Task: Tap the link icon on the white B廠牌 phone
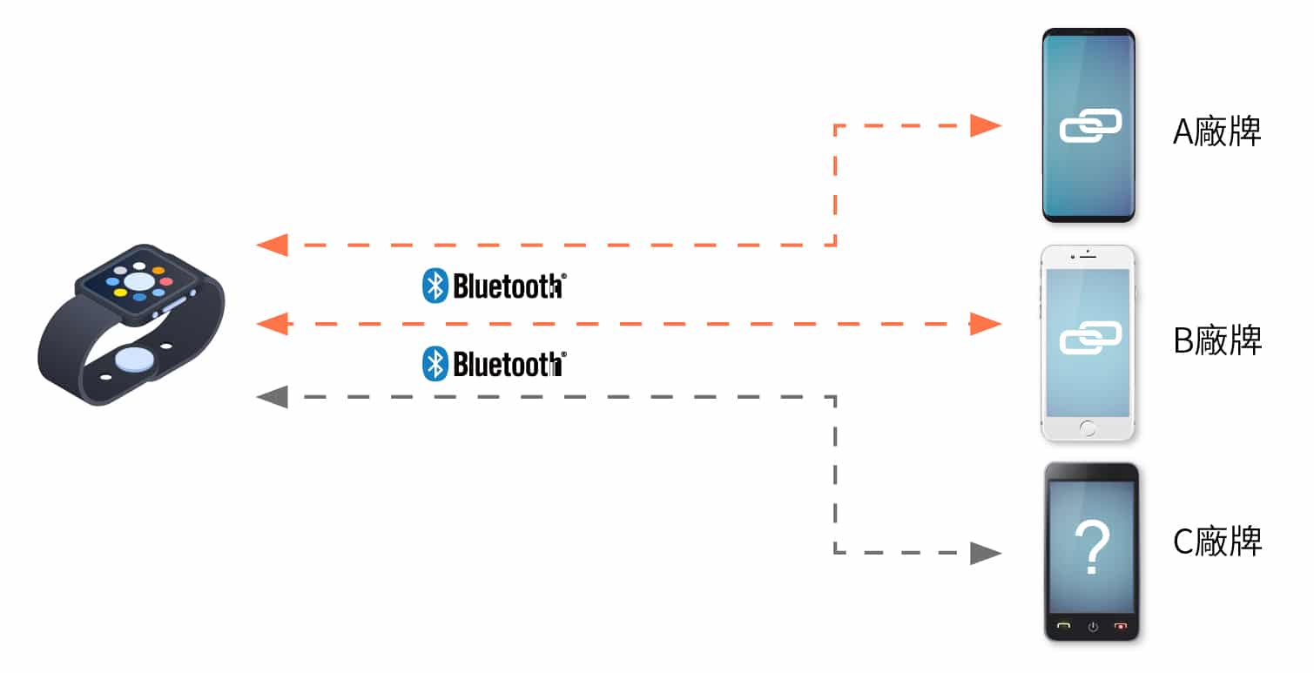(1090, 338)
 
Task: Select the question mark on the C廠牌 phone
(1092, 547)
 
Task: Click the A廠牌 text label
(1217, 132)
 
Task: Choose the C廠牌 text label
(1217, 542)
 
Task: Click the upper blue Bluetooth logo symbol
(435, 286)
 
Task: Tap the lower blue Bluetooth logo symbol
(435, 364)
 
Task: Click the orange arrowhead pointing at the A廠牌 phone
(986, 125)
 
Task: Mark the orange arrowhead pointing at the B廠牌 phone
(986, 325)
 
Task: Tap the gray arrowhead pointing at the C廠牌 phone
(986, 552)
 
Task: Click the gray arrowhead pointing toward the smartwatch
(273, 398)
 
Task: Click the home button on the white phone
(1088, 427)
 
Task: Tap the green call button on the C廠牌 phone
(1064, 625)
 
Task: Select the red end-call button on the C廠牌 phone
(1121, 625)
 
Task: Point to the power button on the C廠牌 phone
(1093, 625)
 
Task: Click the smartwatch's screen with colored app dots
(138, 281)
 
